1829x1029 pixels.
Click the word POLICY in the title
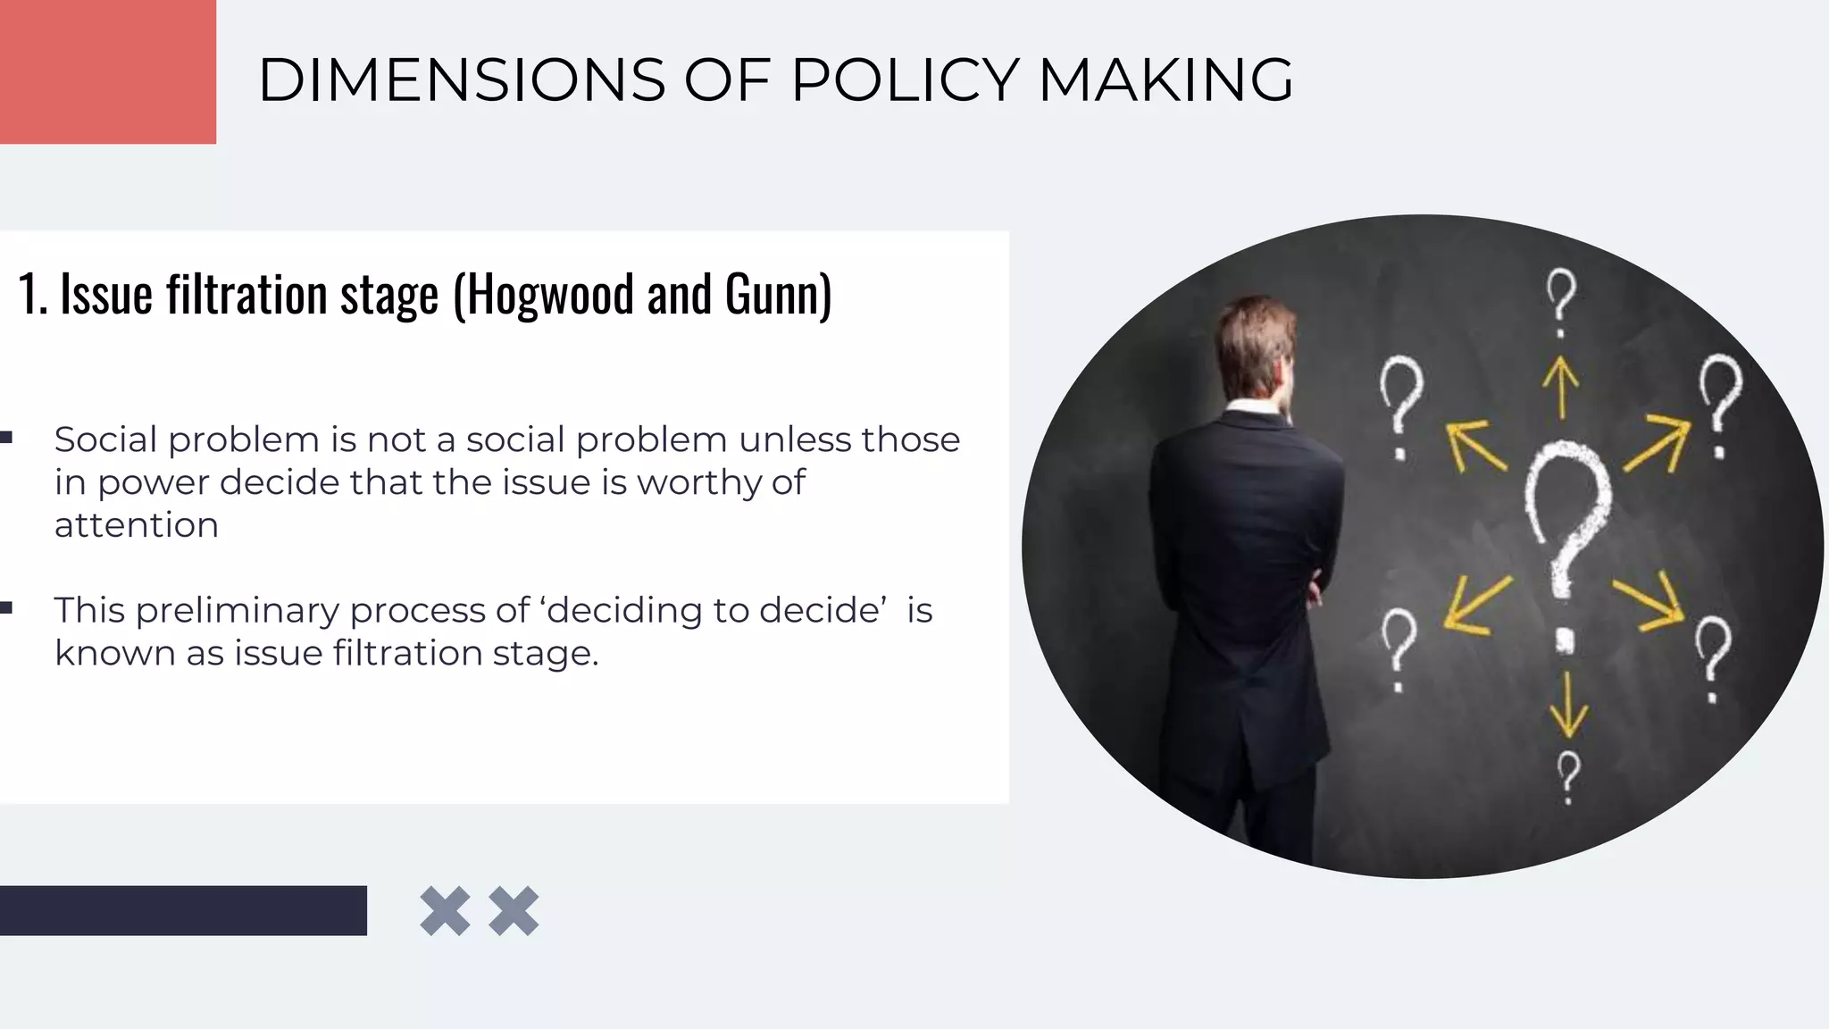pos(905,80)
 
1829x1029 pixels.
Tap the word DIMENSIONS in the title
pos(462,80)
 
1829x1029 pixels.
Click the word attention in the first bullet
pos(137,525)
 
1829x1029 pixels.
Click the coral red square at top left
pos(107,71)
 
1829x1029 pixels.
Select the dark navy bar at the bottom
pos(183,910)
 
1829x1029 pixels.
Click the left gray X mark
pos(445,911)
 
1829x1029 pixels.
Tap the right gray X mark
pos(514,911)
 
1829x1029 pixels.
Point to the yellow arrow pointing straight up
pos(1561,387)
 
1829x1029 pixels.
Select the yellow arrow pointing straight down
pos(1568,706)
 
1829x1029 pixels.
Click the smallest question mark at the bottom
pos(1568,775)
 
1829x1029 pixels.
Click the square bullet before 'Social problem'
pos(6,438)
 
